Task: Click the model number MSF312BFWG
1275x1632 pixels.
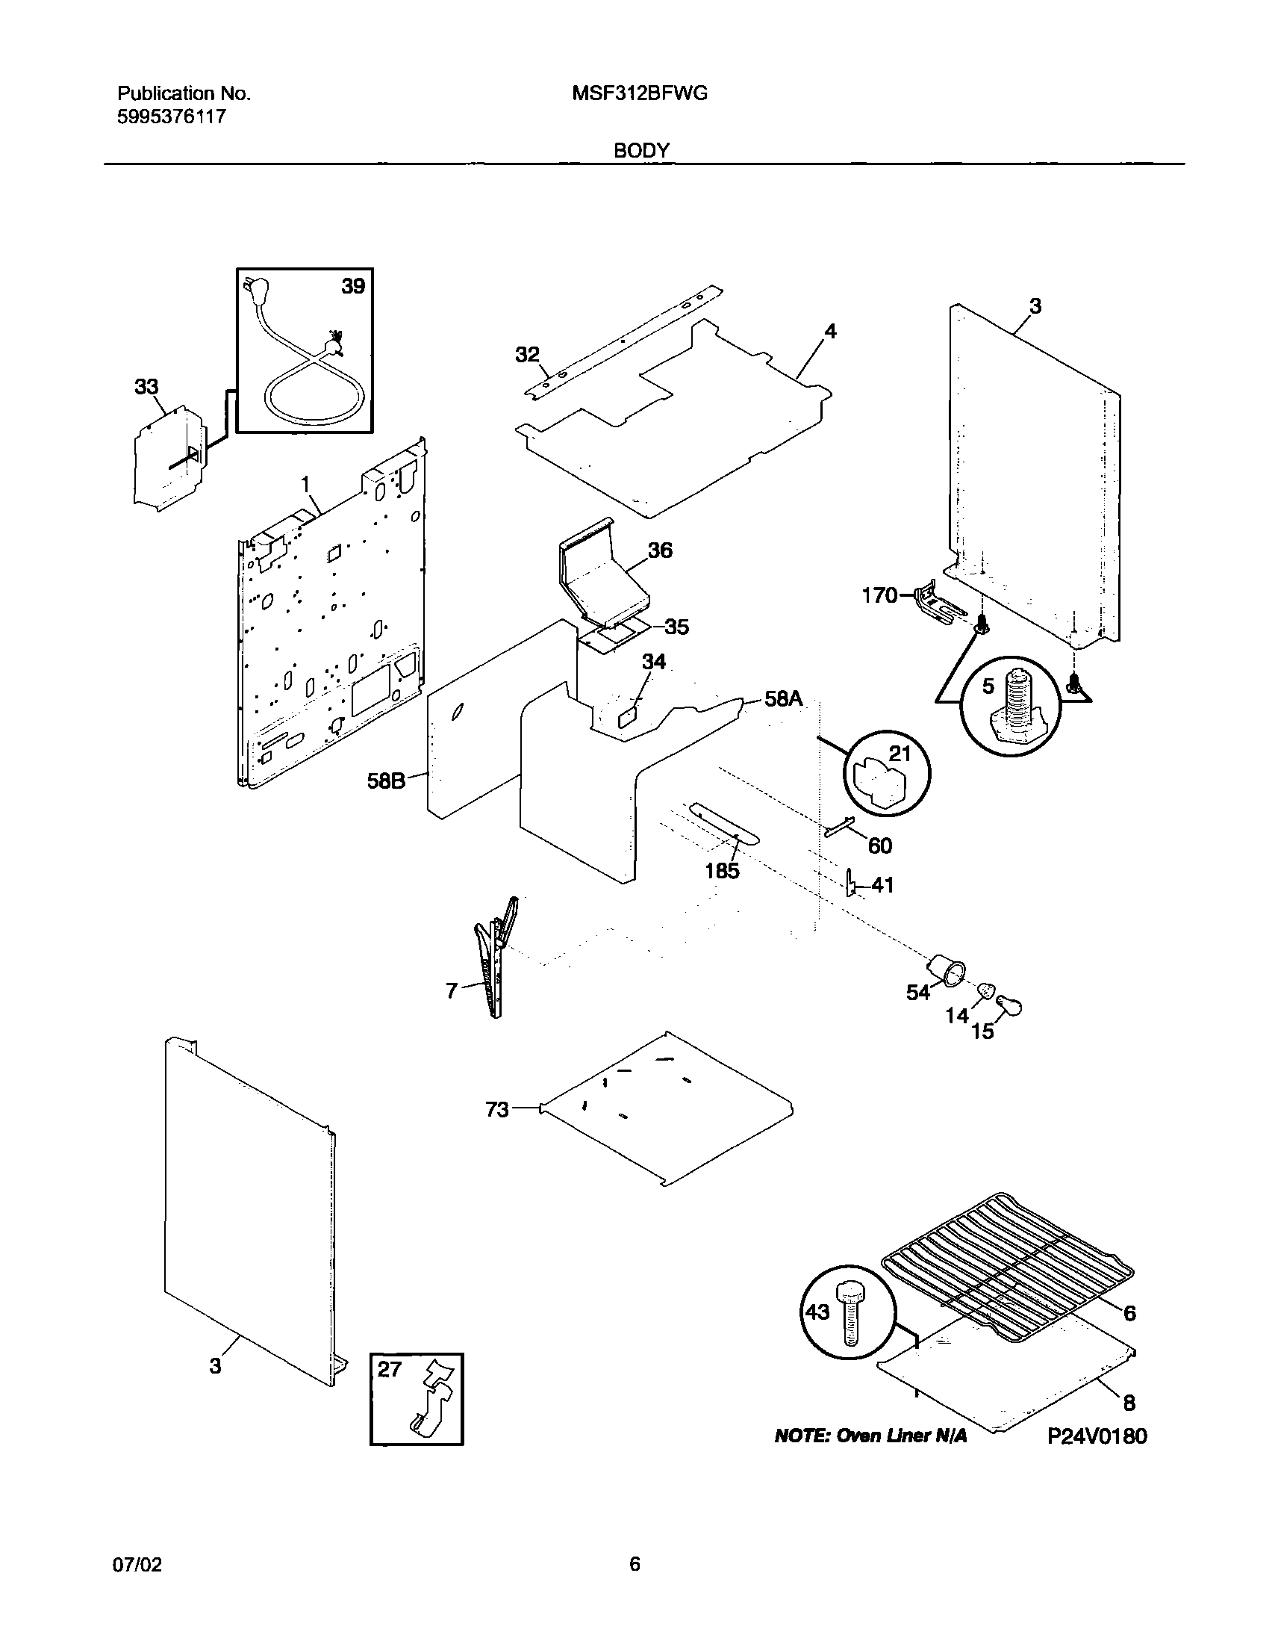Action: tap(640, 93)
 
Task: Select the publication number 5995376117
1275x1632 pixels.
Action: tap(172, 117)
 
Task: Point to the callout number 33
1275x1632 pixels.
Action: tap(146, 387)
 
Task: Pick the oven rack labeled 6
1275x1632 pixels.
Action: tap(1009, 1265)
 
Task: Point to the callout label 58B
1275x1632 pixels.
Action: tap(386, 781)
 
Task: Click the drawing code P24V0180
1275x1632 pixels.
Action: tap(1097, 1436)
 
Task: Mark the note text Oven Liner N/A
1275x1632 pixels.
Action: tap(870, 1436)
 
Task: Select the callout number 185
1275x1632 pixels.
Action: tap(723, 871)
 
